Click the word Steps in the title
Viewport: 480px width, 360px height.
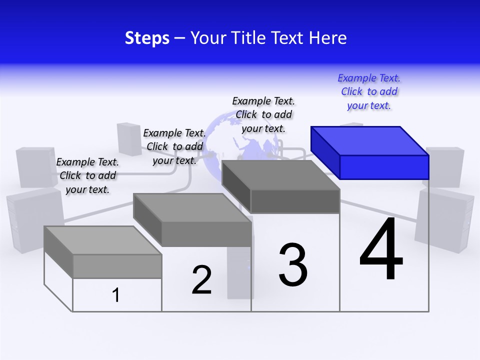click(147, 38)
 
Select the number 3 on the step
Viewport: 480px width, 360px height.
click(293, 265)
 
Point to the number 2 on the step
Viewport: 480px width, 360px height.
click(201, 279)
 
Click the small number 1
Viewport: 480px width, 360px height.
click(116, 295)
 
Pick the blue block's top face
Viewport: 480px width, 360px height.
click(369, 140)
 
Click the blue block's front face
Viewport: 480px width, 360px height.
click(384, 167)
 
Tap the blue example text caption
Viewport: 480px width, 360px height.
click(369, 92)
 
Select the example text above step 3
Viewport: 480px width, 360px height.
click(263, 114)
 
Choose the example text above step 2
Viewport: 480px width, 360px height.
click(174, 146)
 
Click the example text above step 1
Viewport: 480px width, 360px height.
click(87, 175)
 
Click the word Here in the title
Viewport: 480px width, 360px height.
click(328, 38)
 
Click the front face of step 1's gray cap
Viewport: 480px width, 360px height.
click(117, 266)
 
